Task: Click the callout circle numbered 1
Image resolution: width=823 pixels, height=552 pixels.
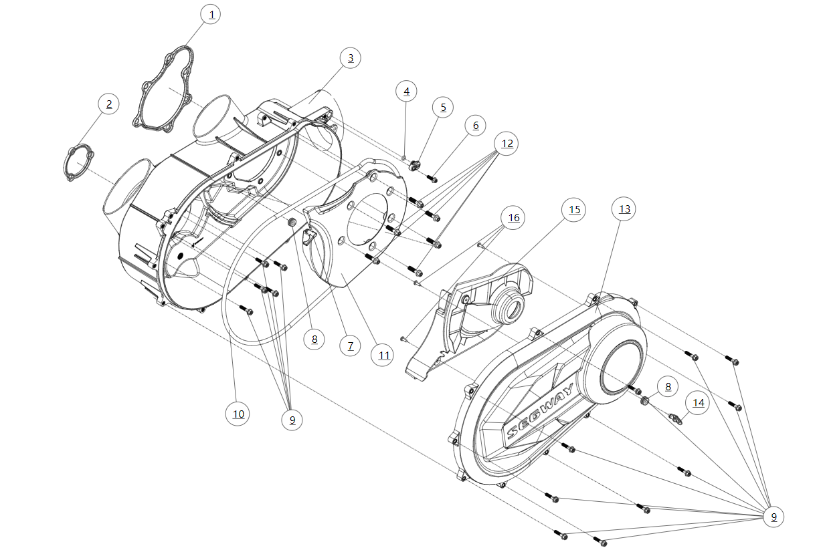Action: [211, 15]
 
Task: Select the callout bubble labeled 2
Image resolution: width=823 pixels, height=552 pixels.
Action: [108, 104]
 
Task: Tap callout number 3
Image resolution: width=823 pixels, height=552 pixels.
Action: [350, 58]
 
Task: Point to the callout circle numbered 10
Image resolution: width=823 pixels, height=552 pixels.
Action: [238, 414]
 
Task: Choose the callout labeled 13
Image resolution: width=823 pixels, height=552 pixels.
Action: [624, 209]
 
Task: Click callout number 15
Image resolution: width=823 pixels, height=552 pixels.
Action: [573, 210]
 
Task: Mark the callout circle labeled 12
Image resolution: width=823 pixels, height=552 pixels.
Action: [507, 143]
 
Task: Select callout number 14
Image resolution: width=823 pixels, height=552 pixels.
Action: [699, 403]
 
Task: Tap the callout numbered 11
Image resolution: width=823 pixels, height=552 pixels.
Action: [383, 355]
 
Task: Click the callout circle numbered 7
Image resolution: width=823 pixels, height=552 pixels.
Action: [349, 346]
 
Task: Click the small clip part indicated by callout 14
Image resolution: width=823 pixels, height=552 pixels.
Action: [676, 419]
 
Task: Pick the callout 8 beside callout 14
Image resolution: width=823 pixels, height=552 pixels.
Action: [666, 386]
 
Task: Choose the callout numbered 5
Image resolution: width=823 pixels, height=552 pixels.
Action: [442, 107]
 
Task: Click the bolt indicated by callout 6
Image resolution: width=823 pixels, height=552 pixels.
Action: [432, 178]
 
